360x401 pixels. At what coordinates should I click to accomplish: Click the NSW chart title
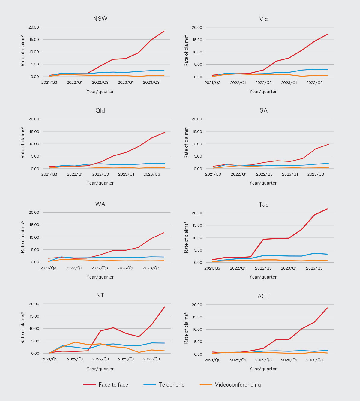[x=100, y=19]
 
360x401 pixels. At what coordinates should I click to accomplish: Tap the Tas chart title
[x=263, y=204]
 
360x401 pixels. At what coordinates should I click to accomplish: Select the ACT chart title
[x=263, y=296]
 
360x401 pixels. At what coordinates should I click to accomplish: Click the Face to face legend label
[x=113, y=385]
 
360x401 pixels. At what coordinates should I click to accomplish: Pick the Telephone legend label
[x=171, y=385]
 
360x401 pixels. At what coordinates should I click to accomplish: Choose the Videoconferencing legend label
[x=238, y=385]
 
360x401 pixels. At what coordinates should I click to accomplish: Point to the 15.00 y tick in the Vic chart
[x=196, y=40]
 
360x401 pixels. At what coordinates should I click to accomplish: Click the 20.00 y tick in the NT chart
[x=34, y=304]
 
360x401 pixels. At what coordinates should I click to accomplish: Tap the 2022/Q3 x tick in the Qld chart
[x=100, y=174]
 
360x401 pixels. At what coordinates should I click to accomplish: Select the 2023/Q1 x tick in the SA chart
[x=290, y=174]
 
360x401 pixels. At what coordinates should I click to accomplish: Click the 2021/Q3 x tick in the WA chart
[x=48, y=268]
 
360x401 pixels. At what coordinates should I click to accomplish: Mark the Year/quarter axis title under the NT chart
[x=100, y=369]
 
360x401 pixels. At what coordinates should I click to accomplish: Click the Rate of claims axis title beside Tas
[x=186, y=237]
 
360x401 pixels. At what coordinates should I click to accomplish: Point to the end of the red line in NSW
[x=164, y=31]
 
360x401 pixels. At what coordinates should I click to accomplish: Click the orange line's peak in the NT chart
[x=75, y=342]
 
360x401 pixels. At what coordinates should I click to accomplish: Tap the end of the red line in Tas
[x=327, y=209]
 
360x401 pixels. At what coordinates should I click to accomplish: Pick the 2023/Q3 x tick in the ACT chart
[x=314, y=360]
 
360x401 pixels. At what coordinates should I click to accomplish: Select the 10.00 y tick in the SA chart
[x=196, y=144]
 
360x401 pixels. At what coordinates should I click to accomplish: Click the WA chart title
[x=100, y=204]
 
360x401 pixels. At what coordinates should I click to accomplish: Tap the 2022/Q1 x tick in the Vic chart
[x=238, y=83]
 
